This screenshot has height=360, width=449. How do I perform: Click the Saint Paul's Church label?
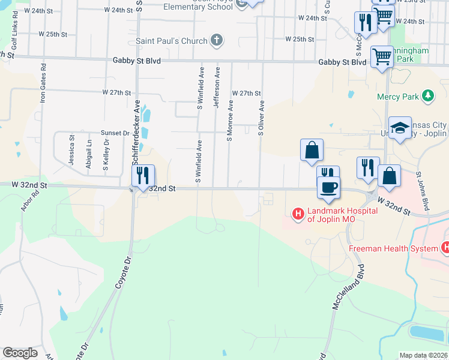(x=171, y=41)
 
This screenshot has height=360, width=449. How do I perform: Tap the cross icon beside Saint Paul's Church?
(x=217, y=41)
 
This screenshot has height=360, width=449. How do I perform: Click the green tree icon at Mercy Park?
(x=427, y=95)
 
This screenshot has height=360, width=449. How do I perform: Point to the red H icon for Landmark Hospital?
(x=298, y=213)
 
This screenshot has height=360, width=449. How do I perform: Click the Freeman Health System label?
(x=393, y=248)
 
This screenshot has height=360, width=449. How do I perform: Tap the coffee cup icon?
(x=328, y=188)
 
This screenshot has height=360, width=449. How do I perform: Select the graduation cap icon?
(x=400, y=128)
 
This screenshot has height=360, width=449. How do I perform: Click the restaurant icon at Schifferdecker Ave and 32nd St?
(x=143, y=176)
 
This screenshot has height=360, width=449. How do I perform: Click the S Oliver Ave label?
(x=262, y=118)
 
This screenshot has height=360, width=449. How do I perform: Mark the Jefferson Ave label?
(x=217, y=88)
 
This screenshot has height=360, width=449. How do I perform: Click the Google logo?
(x=20, y=353)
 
